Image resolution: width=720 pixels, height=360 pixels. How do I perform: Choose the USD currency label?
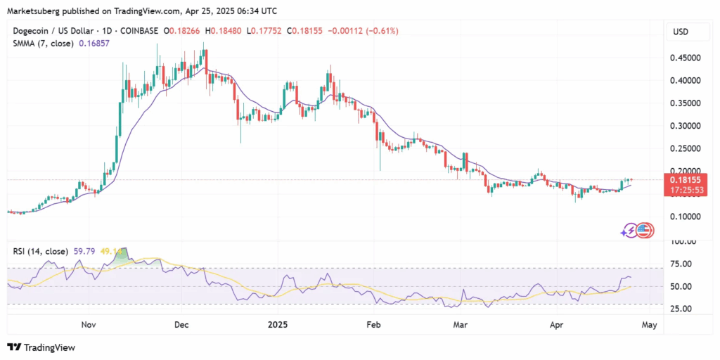[x=681, y=32]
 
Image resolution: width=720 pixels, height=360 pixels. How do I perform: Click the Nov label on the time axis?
[x=88, y=325]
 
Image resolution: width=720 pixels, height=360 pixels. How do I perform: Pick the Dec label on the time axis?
[x=181, y=325]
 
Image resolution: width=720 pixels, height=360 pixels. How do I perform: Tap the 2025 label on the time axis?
[x=278, y=325]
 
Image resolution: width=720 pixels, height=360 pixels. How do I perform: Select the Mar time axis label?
[x=461, y=325]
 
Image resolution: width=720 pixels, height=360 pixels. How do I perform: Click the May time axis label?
[x=650, y=325]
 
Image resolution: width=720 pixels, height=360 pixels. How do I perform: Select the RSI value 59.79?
[x=84, y=251]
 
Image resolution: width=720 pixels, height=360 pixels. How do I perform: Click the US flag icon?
[x=645, y=229]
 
